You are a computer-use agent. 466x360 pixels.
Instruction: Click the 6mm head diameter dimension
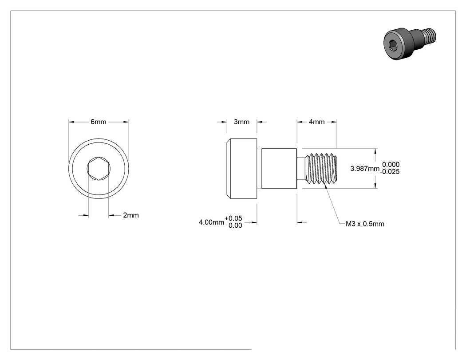[99, 122]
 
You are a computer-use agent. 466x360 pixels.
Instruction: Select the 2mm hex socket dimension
[131, 215]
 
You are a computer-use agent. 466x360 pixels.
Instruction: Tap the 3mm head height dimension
[241, 122]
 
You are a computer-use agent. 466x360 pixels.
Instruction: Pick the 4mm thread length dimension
[317, 122]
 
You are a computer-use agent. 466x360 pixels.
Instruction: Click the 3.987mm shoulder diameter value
[365, 169]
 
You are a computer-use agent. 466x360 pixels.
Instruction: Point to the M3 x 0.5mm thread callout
[365, 224]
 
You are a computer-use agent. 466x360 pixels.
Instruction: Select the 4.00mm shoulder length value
[211, 222]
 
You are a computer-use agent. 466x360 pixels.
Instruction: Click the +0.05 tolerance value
[233, 218]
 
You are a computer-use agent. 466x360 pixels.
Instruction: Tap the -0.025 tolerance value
[390, 172]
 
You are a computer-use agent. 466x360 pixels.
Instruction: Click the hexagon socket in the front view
[99, 169]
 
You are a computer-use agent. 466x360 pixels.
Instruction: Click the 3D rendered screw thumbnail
[410, 44]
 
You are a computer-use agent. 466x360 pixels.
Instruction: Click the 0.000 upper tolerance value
[391, 164]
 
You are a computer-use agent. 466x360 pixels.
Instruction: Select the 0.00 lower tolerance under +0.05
[235, 225]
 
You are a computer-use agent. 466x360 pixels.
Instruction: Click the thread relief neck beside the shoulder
[302, 169]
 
